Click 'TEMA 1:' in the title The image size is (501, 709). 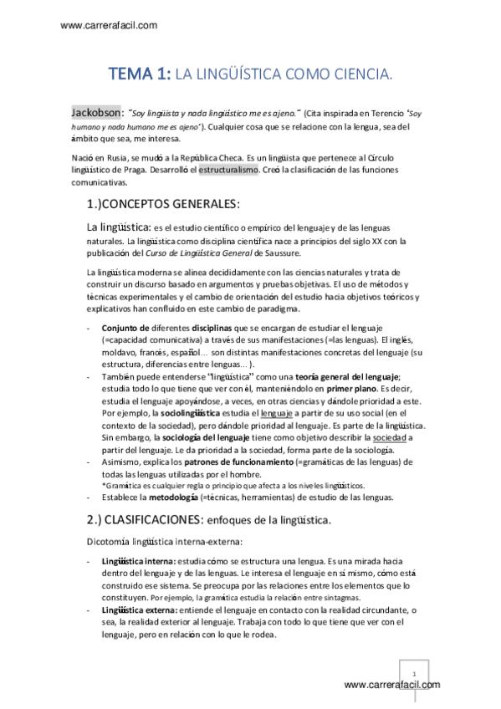[x=139, y=75]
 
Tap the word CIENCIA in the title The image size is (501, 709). [x=360, y=76]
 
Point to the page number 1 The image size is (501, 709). [x=413, y=672]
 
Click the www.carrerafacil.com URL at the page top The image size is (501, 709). [x=109, y=25]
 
